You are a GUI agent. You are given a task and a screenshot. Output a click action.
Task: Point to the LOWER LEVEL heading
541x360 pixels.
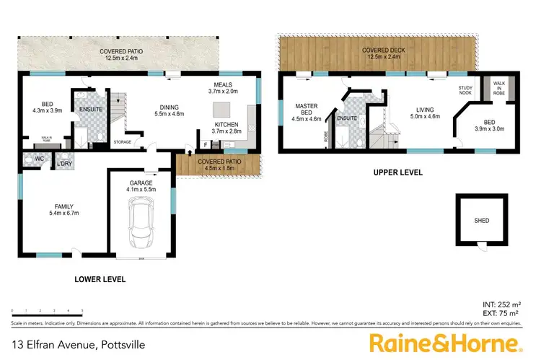pos(100,278)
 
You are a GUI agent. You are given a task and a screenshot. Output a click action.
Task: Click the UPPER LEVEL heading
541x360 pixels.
pos(397,173)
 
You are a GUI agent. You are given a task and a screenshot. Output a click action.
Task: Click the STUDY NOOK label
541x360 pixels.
pos(465,90)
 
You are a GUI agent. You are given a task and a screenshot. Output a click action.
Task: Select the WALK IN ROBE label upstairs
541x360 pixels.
pos(498,90)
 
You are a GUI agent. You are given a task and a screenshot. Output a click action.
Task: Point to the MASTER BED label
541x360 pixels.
pos(307,109)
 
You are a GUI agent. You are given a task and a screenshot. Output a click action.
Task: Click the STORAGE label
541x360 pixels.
pos(122,142)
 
